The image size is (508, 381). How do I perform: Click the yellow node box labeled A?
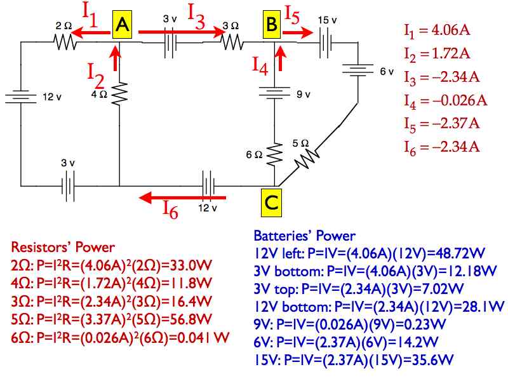pyautogui.click(x=123, y=25)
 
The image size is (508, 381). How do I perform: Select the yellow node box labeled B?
pyautogui.click(x=271, y=25)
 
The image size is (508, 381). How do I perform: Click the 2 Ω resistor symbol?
pyautogui.click(x=65, y=42)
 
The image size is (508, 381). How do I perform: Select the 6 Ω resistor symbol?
pyautogui.click(x=274, y=152)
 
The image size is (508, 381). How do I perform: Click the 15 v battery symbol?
pyautogui.click(x=326, y=42)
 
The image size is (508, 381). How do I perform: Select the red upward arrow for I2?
pyautogui.click(x=115, y=60)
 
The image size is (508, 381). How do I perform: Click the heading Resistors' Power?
pyautogui.click(x=63, y=247)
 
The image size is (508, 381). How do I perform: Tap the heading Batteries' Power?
pyautogui.click(x=305, y=236)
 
